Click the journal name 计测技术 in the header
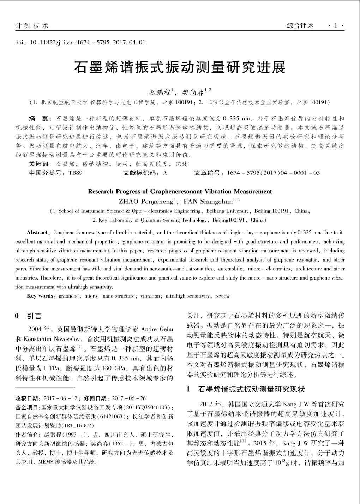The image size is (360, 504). [32, 26]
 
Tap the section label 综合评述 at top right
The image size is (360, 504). [300, 26]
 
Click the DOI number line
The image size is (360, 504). [80, 43]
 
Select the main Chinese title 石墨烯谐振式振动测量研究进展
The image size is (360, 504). [180, 67]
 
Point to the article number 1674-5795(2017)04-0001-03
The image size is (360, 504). [274, 173]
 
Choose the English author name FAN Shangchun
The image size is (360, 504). [208, 202]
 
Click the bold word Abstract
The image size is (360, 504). [37, 233]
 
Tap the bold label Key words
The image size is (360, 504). [40, 296]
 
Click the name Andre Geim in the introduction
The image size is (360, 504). [157, 329]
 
